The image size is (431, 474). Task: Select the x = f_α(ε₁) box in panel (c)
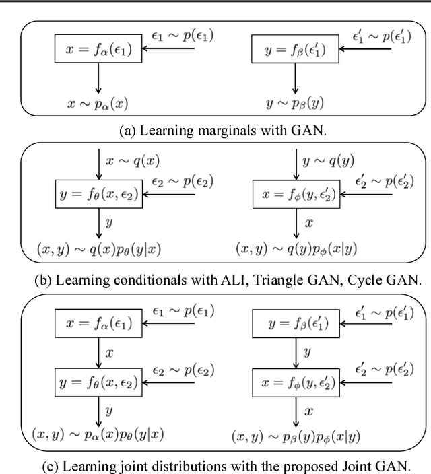pos(99,324)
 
